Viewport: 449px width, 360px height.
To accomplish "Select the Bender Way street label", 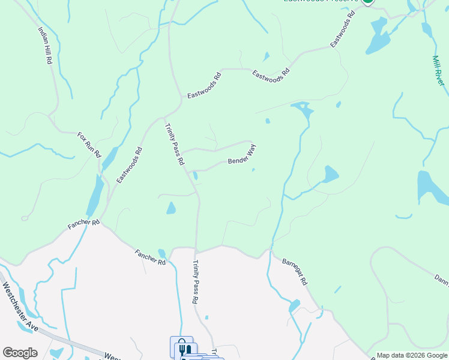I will point(242,157).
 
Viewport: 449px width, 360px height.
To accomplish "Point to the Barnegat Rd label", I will point(295,272).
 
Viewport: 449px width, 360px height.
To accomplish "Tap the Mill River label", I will point(439,71).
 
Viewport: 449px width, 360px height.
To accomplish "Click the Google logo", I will point(20,353).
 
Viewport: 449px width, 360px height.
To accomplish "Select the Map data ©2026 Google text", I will point(412,355).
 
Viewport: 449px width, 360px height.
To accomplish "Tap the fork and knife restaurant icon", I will point(185,349).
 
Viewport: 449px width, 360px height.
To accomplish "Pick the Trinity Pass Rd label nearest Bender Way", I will point(175,143).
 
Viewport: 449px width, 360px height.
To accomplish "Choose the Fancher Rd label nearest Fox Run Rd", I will point(83,224).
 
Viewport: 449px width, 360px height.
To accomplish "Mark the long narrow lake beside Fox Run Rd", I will point(95,195).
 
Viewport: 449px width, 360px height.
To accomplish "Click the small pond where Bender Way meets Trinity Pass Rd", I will point(196,176).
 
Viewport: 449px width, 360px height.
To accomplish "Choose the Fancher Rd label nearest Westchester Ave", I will point(151,257).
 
